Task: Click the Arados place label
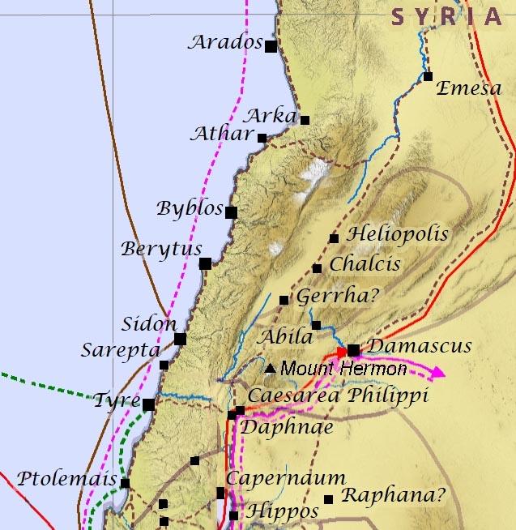click(226, 42)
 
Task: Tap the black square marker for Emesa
click(428, 77)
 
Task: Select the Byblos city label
click(190, 208)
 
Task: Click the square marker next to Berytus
click(206, 263)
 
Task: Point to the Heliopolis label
click(397, 234)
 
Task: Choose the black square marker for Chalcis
click(317, 268)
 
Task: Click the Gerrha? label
click(337, 297)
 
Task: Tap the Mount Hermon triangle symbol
click(270, 369)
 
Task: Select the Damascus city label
click(419, 346)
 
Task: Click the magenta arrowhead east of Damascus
click(437, 373)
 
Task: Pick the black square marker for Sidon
click(180, 339)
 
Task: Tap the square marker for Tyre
click(148, 404)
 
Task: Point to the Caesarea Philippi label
click(337, 395)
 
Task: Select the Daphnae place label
click(287, 426)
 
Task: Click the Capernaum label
click(285, 478)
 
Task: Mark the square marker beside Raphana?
click(328, 499)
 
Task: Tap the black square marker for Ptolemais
click(125, 483)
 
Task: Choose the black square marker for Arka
click(305, 120)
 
